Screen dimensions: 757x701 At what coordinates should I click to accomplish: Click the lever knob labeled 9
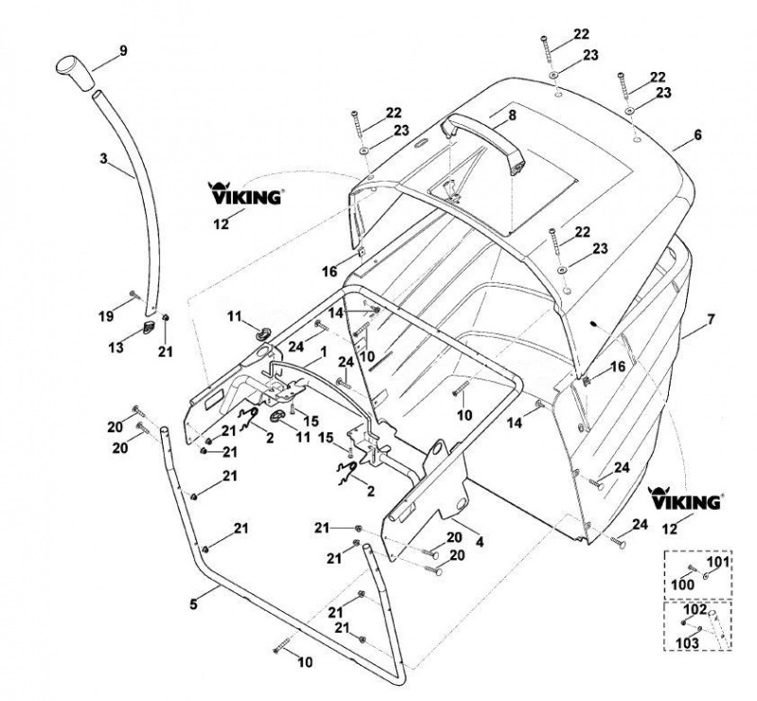76,73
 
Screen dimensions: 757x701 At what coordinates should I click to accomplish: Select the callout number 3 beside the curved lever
103,158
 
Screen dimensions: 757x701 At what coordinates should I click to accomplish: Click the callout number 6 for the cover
697,134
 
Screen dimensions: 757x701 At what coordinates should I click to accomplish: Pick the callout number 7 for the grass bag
711,319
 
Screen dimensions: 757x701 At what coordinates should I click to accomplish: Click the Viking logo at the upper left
245,193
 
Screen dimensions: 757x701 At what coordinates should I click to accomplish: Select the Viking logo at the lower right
685,499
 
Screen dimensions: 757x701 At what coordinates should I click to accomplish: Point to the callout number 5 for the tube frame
194,604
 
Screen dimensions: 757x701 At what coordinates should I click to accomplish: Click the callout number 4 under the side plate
480,542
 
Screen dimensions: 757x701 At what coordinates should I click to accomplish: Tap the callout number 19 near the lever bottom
106,316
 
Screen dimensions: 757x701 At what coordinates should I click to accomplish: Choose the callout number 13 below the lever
115,346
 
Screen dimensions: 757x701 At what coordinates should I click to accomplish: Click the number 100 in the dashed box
683,585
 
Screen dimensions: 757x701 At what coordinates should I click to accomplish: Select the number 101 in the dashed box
719,562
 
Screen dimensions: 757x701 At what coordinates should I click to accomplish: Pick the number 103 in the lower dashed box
687,643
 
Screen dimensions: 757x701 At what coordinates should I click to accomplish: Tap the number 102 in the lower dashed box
695,609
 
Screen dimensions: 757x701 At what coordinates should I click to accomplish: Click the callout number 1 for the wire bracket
323,352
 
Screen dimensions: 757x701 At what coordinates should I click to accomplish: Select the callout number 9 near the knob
124,51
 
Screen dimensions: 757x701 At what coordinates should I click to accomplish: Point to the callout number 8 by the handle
512,114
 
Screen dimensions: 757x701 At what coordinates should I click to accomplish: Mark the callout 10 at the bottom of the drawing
305,662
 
